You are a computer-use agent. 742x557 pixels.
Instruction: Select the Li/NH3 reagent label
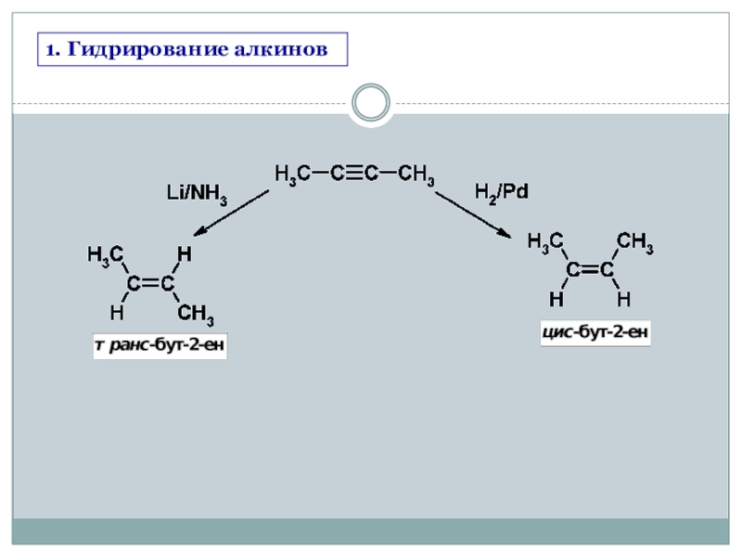[197, 193]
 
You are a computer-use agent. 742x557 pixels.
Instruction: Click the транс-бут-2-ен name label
[160, 347]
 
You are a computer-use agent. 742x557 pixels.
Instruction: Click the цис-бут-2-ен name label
[595, 331]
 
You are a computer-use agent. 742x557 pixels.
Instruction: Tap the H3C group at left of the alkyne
[293, 175]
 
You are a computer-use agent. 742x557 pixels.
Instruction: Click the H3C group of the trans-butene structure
[105, 254]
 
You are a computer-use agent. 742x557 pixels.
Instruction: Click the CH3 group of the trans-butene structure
[196, 315]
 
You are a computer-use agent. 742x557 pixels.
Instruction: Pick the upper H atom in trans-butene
[184, 253]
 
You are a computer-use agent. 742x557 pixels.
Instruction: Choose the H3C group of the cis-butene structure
[545, 243]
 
